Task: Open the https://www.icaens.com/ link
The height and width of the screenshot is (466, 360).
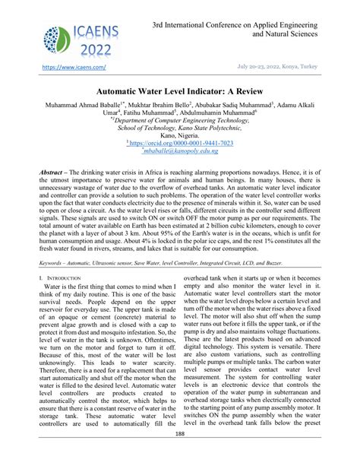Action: click(x=62, y=67)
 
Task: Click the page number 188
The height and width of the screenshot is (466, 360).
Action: click(x=180, y=455)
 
